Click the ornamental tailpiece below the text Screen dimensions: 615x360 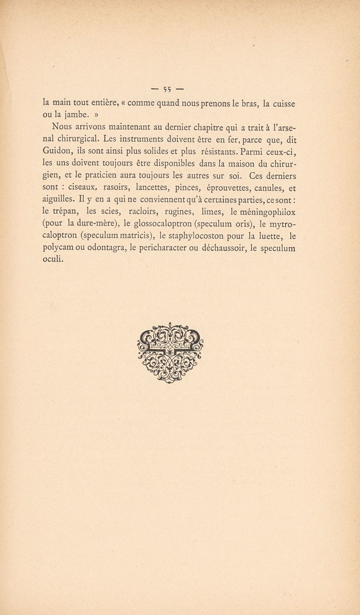[x=170, y=353]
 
